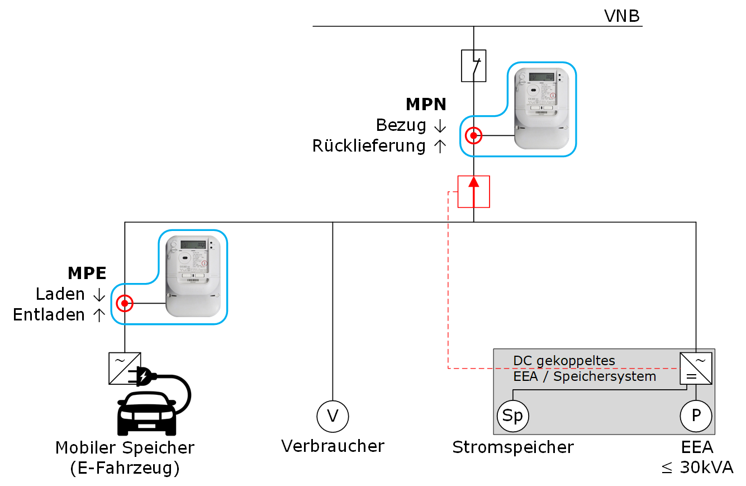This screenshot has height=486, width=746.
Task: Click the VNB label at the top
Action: (x=621, y=16)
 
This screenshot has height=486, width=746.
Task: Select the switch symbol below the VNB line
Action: (x=473, y=66)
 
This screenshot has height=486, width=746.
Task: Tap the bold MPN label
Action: (x=426, y=105)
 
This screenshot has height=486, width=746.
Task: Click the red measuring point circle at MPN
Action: (x=473, y=135)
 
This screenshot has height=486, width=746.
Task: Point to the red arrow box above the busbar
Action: (x=474, y=191)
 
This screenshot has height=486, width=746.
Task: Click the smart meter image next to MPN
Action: (x=541, y=108)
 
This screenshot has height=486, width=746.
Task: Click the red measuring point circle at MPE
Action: (x=124, y=304)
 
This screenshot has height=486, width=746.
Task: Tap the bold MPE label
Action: (x=87, y=273)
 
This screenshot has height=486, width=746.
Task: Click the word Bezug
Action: (x=401, y=125)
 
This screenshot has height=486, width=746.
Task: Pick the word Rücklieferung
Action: (x=369, y=147)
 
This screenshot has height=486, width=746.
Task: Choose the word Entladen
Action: (x=49, y=315)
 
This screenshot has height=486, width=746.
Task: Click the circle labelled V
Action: (x=332, y=416)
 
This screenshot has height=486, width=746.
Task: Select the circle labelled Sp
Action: (x=513, y=417)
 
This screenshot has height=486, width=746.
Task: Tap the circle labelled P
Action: (x=696, y=417)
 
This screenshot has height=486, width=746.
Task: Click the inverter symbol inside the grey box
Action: (x=696, y=368)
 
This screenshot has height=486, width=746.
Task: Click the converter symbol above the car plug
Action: (x=125, y=368)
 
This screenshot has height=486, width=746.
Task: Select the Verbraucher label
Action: (x=332, y=446)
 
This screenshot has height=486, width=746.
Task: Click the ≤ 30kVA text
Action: (x=697, y=468)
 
